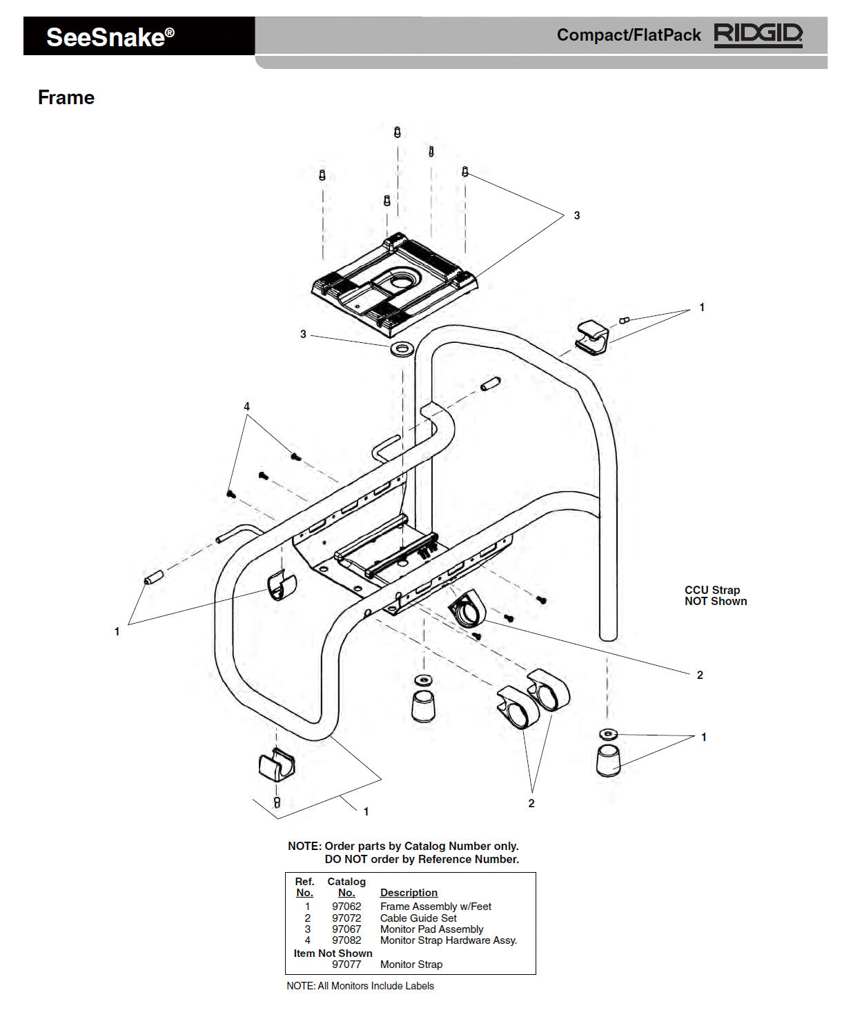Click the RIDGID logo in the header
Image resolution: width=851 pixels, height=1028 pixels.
click(x=758, y=34)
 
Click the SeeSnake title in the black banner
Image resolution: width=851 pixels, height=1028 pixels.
click(x=110, y=37)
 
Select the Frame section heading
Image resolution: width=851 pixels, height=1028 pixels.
click(x=66, y=97)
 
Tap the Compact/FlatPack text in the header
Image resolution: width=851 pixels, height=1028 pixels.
click(x=628, y=35)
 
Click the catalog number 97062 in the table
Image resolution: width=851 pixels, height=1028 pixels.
click(x=346, y=907)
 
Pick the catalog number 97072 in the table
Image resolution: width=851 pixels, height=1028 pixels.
click(x=346, y=918)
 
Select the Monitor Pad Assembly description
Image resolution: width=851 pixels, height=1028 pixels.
click(x=431, y=929)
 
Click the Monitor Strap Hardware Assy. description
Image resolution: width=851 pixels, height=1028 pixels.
click(x=448, y=940)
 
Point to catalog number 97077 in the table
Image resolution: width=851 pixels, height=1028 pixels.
click(x=346, y=965)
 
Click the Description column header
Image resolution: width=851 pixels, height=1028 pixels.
click(x=409, y=893)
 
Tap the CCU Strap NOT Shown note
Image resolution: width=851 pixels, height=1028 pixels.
click(x=715, y=595)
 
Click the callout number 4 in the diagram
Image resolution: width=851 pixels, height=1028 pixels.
click(x=246, y=407)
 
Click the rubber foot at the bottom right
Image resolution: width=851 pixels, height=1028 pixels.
click(x=607, y=760)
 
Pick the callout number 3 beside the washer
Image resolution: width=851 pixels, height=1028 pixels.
click(x=303, y=335)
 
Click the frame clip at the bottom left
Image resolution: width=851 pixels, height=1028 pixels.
click(x=276, y=764)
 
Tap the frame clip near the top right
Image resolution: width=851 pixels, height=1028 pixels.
click(x=592, y=336)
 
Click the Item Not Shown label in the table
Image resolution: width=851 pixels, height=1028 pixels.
click(x=333, y=953)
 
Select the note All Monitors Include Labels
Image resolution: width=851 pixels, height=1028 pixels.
click(x=360, y=986)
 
